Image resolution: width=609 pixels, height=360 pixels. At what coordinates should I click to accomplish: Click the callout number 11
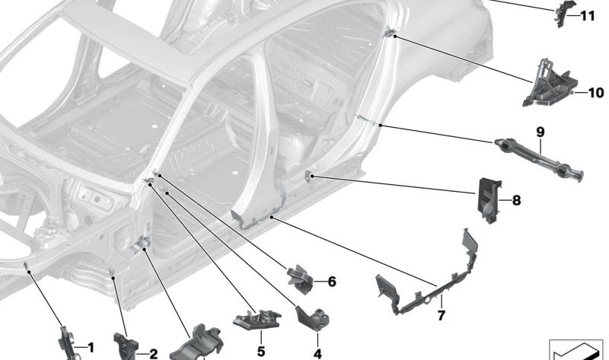(588, 16)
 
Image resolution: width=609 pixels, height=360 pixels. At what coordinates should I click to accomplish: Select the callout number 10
(596, 93)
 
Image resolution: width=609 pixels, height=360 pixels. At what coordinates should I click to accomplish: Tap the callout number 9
(540, 132)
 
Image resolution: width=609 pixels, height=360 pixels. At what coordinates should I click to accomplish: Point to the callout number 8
(516, 201)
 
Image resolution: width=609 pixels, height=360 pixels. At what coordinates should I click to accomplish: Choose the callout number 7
(441, 315)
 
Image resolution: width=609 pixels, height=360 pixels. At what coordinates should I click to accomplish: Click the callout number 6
(331, 282)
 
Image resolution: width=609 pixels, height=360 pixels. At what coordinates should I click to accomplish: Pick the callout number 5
(260, 352)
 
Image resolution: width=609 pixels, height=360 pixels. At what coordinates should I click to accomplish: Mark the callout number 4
(317, 354)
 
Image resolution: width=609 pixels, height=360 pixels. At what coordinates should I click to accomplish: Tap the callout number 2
(154, 354)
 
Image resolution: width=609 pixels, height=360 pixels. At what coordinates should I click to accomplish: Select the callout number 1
(91, 347)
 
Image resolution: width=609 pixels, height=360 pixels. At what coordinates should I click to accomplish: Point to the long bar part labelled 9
(539, 160)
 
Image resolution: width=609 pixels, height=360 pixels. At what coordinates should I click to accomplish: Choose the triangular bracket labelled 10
(550, 83)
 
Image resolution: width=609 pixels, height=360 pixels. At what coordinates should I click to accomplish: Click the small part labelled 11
(563, 14)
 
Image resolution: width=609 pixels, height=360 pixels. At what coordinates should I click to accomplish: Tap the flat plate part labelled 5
(257, 319)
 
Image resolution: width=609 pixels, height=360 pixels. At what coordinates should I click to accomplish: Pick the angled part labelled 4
(313, 319)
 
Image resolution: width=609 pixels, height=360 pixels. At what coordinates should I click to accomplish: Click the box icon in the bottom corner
(579, 350)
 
